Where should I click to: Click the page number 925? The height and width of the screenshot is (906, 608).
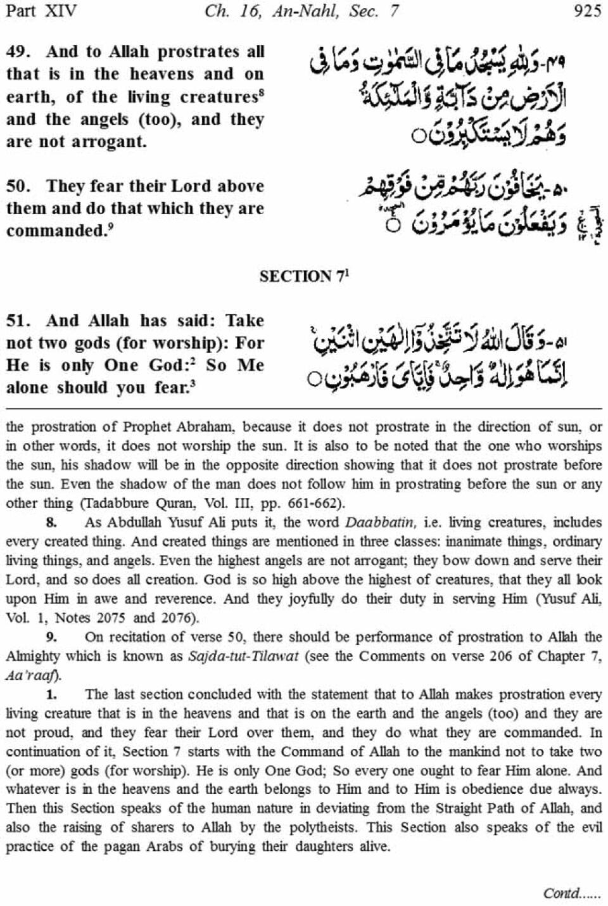(586, 11)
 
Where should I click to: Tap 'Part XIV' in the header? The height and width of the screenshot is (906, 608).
(39, 11)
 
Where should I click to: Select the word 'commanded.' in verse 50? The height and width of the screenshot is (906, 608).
(56, 231)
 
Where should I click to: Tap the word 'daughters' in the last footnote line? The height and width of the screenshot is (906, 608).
(303, 846)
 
